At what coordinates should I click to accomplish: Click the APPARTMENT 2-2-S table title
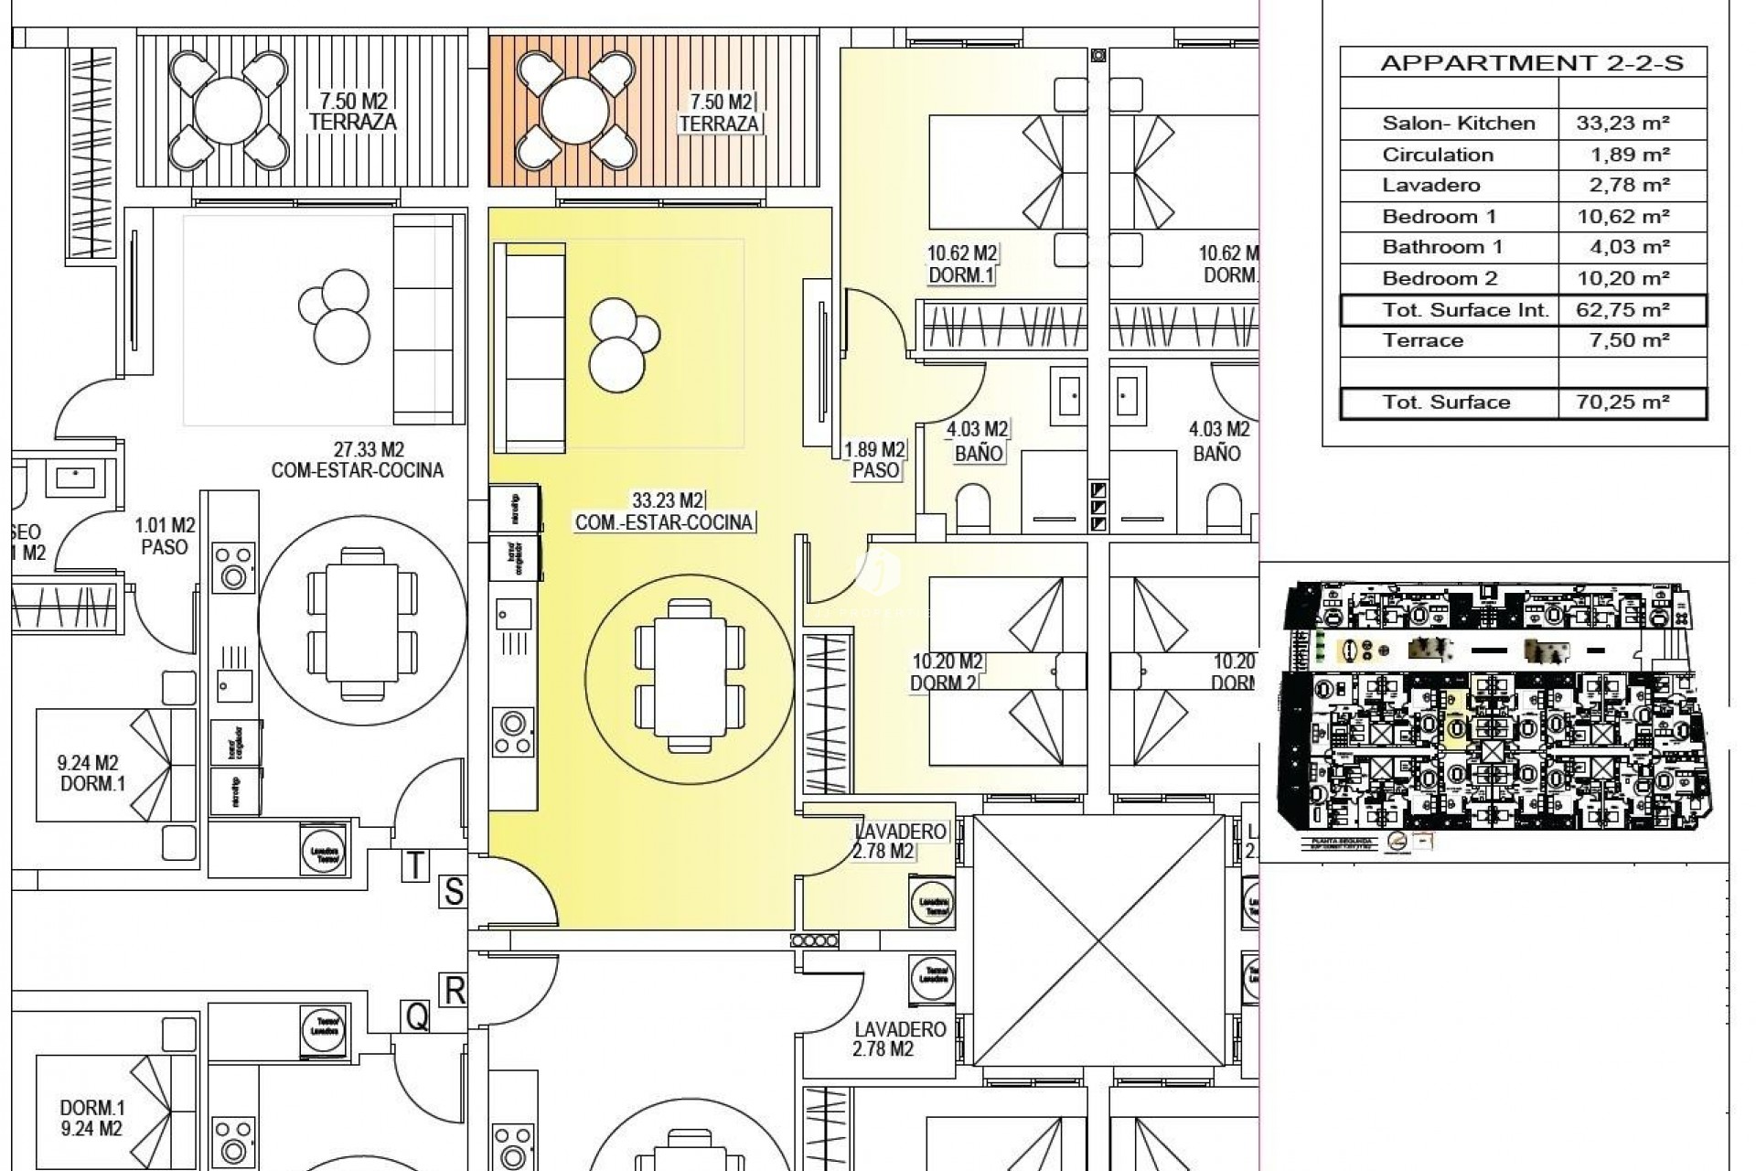(x=1523, y=62)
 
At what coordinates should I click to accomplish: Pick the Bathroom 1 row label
(x=1441, y=247)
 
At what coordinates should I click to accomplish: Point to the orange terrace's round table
(x=576, y=111)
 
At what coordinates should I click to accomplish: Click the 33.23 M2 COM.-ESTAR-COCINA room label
(x=665, y=511)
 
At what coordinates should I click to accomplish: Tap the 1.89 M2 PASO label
(x=874, y=460)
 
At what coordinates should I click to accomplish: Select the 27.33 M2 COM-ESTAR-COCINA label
(x=357, y=460)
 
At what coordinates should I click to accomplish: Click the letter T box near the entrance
(x=415, y=865)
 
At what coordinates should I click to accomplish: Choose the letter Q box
(x=417, y=1015)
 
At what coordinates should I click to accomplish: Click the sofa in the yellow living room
(x=530, y=348)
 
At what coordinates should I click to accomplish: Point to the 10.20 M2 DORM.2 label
(x=946, y=671)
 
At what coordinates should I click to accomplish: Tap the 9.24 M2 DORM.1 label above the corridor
(x=90, y=773)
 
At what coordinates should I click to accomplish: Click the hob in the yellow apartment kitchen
(x=513, y=733)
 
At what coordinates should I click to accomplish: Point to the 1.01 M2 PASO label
(x=165, y=536)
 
